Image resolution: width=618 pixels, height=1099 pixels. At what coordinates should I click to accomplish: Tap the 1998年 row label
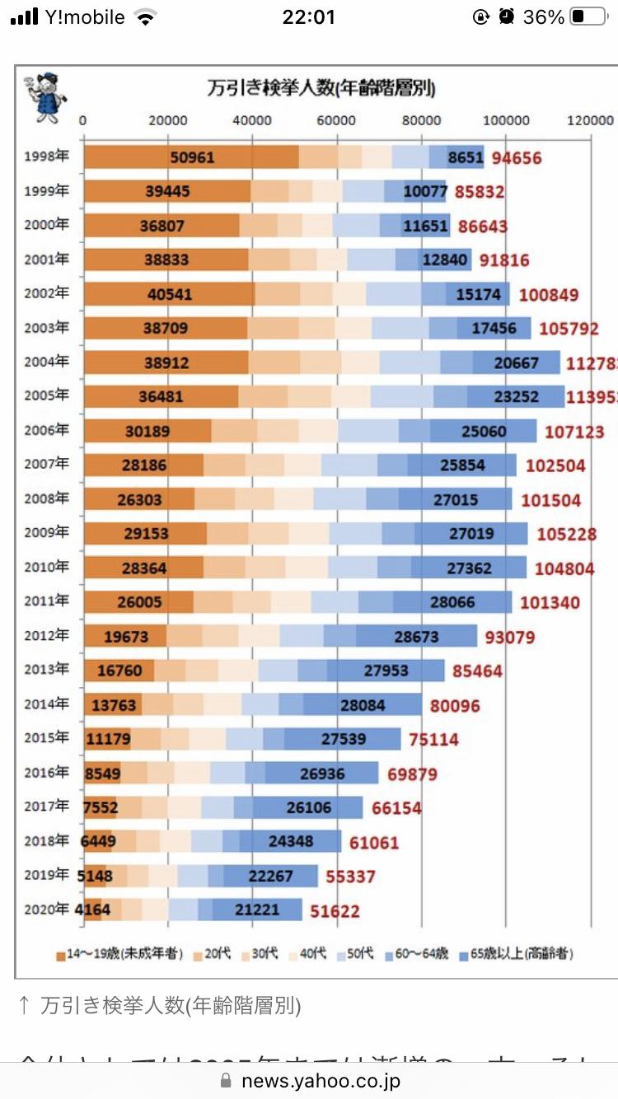click(x=46, y=157)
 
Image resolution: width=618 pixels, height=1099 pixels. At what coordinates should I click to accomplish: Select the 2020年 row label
click(x=46, y=910)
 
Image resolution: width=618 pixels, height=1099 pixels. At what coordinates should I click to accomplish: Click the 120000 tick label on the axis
click(x=591, y=120)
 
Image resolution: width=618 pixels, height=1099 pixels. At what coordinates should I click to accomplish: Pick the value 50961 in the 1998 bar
click(x=192, y=157)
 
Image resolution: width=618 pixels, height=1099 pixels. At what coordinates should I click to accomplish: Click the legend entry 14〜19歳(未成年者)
click(x=119, y=954)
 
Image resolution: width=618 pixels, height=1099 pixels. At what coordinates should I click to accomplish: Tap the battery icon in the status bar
click(x=588, y=17)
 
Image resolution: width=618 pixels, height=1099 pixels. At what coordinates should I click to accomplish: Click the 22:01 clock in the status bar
click(x=308, y=17)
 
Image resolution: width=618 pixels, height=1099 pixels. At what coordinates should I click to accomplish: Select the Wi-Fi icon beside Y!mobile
click(x=146, y=17)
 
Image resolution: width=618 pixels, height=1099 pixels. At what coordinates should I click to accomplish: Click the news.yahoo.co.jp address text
click(x=321, y=1081)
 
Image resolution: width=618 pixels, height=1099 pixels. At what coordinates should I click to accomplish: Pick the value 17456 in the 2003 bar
click(x=505, y=328)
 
